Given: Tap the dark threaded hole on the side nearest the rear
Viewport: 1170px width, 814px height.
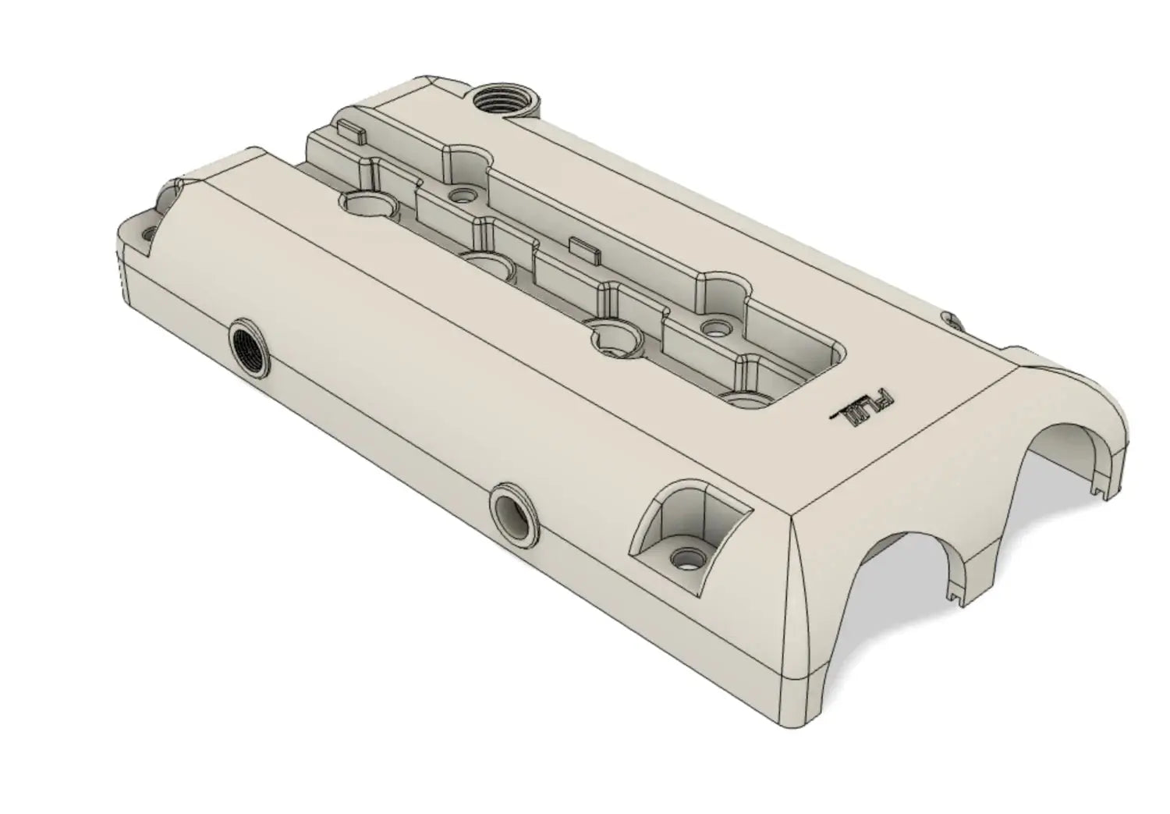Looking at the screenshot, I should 250,348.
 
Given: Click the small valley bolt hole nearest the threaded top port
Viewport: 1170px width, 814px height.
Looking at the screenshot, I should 466,192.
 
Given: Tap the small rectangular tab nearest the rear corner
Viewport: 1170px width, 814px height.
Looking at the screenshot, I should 352,130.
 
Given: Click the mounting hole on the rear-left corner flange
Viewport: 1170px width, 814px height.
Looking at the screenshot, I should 147,232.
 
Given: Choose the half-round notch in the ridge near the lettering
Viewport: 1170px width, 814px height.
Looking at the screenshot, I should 722,293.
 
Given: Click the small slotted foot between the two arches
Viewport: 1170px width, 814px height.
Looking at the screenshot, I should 956,597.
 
